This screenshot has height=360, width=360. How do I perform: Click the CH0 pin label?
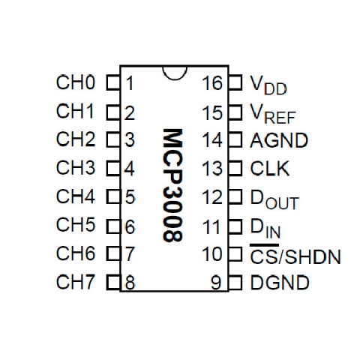tap(76, 82)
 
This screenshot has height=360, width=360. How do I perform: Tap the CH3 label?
tap(76, 167)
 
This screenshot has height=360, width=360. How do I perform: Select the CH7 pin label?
tap(76, 282)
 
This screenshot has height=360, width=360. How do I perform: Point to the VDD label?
tap(268, 85)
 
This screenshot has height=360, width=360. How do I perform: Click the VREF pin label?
tap(273, 114)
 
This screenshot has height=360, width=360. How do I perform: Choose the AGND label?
tap(279, 140)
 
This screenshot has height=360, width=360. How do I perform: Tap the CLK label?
tap(270, 169)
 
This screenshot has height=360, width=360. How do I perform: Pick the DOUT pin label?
tap(274, 199)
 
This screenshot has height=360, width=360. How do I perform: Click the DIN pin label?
tap(265, 229)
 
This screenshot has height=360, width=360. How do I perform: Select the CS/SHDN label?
tap(295, 254)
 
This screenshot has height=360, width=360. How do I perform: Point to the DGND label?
tap(280, 283)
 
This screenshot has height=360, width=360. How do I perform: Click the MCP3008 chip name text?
tap(172, 185)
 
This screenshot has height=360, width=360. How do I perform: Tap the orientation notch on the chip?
tap(175, 73)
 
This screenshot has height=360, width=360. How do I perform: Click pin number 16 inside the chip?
tap(212, 83)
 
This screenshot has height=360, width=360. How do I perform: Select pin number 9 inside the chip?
tap(216, 283)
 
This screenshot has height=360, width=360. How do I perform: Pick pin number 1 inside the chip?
tap(130, 83)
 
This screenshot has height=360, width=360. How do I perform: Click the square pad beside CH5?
tap(114, 226)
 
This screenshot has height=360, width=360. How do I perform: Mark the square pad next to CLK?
tap(235, 168)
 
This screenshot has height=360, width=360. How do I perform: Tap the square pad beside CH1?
tap(114, 112)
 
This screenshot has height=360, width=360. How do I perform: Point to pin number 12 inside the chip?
tap(212, 197)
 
